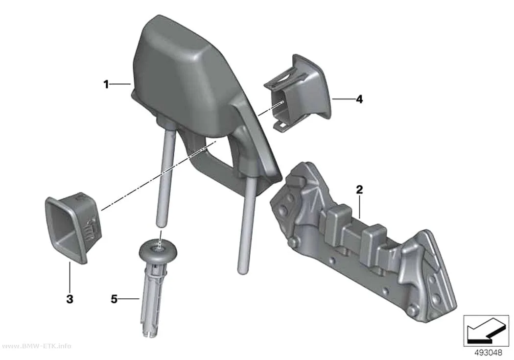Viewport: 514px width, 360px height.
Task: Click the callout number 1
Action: (x=106, y=85)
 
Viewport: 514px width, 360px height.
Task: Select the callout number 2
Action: (x=360, y=190)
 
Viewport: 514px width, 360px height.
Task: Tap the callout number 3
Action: (x=70, y=299)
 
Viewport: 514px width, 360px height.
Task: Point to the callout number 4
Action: (x=360, y=99)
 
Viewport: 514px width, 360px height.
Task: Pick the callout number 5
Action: (x=114, y=299)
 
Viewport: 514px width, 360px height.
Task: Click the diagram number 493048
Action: (x=489, y=353)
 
